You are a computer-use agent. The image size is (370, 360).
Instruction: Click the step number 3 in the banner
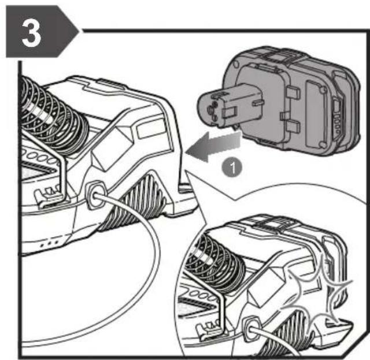pos(31,34)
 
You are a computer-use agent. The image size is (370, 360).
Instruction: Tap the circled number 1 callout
pos(232,168)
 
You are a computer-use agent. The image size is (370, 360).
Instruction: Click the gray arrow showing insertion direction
pos(213,147)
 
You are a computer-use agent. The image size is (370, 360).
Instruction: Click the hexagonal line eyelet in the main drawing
pos(95,194)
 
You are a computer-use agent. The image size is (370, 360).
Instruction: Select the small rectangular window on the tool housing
pos(151,128)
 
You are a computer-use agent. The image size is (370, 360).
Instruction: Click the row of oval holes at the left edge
pos(39,157)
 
